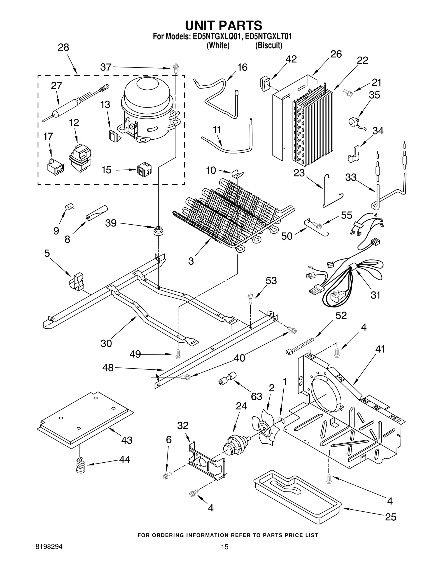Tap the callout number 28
click(x=64, y=47)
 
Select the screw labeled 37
click(x=176, y=68)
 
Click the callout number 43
click(x=127, y=440)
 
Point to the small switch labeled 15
click(x=144, y=169)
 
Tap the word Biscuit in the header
click(x=269, y=46)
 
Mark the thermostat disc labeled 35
click(x=352, y=122)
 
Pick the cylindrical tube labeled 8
click(x=97, y=213)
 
